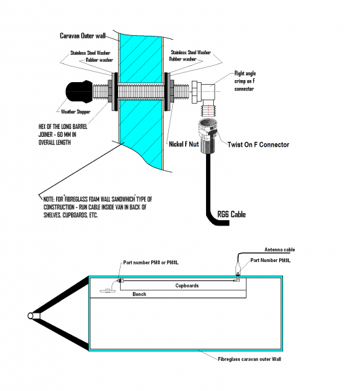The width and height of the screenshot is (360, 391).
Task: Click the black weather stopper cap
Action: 79,91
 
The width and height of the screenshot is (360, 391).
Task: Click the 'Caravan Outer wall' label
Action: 83,36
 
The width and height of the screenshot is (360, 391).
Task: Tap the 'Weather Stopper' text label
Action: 76,111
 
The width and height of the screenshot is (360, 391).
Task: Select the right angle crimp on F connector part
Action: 204,98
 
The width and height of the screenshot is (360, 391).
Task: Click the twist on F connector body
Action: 207,136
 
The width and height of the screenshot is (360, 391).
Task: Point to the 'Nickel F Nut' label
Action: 184,144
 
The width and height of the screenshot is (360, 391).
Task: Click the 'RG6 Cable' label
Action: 232,214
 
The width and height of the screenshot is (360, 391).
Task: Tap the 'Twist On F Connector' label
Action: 258,145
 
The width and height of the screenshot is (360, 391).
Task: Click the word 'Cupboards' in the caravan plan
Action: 187,285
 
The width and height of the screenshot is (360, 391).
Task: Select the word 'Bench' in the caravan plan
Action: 139,295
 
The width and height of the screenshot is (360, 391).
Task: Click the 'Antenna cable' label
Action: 280,250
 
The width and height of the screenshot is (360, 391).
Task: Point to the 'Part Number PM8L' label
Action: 271,260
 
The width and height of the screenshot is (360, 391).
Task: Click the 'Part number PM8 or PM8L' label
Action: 151,263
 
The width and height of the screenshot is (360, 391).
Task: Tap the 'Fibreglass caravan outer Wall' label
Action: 250,359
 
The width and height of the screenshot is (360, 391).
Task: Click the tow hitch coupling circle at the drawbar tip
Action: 31,316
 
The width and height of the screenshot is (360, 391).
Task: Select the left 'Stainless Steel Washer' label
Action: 90,53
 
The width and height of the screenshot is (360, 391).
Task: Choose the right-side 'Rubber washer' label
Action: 183,59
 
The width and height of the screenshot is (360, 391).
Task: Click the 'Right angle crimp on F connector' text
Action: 245,81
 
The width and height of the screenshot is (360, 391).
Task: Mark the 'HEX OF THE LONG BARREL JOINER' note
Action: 63,135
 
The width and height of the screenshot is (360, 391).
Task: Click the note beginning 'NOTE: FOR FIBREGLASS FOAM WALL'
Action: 98,207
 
